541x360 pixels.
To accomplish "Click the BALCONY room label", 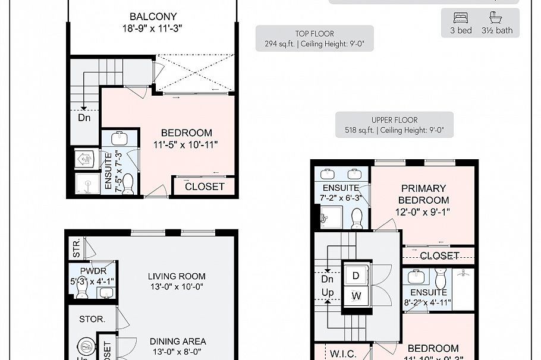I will coord(153,17).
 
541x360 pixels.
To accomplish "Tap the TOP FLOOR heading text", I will coord(314,34).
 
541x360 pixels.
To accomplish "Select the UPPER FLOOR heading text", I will coord(394,120).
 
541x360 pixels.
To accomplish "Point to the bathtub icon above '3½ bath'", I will coord(497,17).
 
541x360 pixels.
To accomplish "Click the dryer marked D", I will coord(356,276).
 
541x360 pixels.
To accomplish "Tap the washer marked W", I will coord(356,295).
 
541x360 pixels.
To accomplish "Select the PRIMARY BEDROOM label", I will coord(423,194).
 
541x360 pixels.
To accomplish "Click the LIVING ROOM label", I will coord(177,276).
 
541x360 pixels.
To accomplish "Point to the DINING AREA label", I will coord(178,342).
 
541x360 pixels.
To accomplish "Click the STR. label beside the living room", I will coord(77,249).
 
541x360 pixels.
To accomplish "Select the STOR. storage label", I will coord(92,319).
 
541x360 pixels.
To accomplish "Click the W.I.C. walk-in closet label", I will coord(343,354).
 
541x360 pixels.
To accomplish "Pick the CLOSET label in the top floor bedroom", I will coord(205,186).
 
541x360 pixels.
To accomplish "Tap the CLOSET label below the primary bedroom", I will coord(439,255).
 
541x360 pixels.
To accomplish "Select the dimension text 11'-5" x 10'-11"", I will coord(186,144).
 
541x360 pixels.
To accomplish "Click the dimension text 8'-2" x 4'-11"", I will coord(427,303).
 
